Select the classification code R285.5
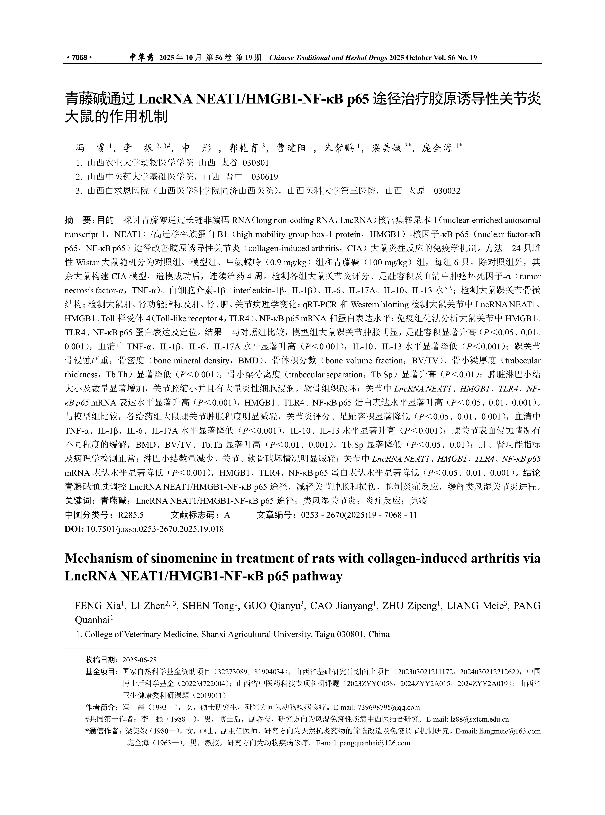pyautogui.click(x=131, y=515)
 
